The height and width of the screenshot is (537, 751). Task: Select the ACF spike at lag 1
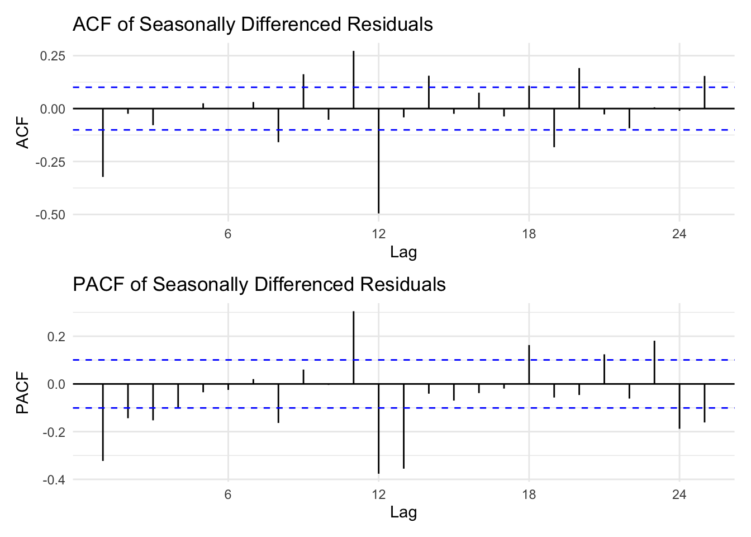point(103,143)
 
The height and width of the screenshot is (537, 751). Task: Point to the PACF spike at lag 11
point(354,347)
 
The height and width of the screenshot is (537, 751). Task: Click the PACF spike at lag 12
point(379,428)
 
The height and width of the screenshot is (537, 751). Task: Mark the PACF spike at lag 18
point(529,364)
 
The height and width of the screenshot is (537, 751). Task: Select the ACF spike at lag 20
point(579,88)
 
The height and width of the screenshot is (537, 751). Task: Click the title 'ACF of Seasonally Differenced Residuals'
point(253,25)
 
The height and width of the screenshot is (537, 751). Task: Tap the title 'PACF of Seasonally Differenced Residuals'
point(259,285)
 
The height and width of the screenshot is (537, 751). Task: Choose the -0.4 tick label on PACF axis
point(54,480)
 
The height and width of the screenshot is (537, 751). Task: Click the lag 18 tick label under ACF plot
point(529,234)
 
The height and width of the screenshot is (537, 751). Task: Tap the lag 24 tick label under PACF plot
point(679,494)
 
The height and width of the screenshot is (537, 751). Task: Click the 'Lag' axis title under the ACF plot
point(403,252)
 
